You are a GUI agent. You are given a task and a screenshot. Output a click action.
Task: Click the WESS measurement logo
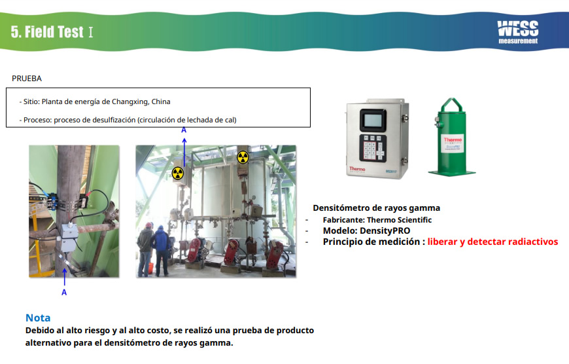518,32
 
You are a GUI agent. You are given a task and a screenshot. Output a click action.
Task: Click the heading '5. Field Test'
47,32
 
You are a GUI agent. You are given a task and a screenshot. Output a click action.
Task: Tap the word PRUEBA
27,79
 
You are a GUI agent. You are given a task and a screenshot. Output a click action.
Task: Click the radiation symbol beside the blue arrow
178,173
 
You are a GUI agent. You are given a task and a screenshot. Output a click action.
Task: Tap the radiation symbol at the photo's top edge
243,157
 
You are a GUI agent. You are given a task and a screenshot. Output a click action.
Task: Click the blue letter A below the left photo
64,293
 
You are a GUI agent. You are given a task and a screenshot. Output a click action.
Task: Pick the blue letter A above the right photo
184,130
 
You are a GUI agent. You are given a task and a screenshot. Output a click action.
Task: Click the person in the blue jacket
161,251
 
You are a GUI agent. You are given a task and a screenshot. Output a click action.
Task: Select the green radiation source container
451,137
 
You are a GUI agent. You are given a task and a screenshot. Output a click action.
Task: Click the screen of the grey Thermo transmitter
373,120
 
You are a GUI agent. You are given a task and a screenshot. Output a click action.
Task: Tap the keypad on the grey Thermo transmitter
373,148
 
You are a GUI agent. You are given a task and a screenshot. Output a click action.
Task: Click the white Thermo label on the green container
453,144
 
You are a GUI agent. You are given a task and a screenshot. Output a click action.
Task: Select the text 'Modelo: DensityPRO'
366,231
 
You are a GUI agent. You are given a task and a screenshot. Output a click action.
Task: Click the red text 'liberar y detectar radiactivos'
492,242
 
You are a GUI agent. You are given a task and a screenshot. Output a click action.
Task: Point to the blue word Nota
38,318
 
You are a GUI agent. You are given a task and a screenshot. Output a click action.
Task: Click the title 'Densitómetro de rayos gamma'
376,208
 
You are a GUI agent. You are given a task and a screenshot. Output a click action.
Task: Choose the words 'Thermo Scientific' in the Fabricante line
399,220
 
